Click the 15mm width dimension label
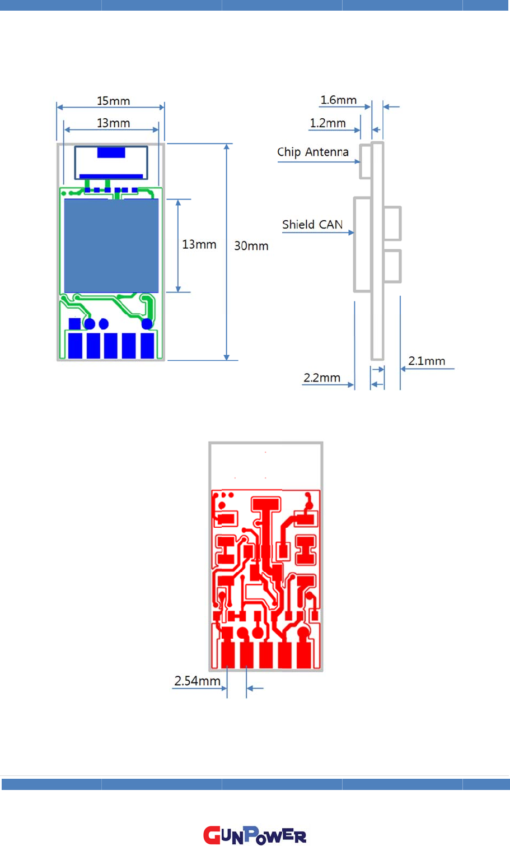(x=113, y=101)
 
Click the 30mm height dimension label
(x=251, y=246)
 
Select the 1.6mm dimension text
(x=338, y=100)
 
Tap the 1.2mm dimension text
(x=327, y=123)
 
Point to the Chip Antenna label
(x=312, y=152)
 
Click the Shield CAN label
(x=312, y=225)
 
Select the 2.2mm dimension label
(x=321, y=378)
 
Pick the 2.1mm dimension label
(x=427, y=361)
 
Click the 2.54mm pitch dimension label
(x=197, y=681)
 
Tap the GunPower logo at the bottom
(x=255, y=835)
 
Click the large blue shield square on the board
(x=111, y=245)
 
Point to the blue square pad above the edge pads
(x=74, y=323)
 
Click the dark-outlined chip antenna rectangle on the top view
(x=111, y=162)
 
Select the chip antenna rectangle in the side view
(x=366, y=161)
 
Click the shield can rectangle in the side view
(x=363, y=244)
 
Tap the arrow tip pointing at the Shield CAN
(x=352, y=233)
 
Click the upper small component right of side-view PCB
(x=392, y=223)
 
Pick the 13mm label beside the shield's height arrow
(x=199, y=245)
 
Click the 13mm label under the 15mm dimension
(x=113, y=123)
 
